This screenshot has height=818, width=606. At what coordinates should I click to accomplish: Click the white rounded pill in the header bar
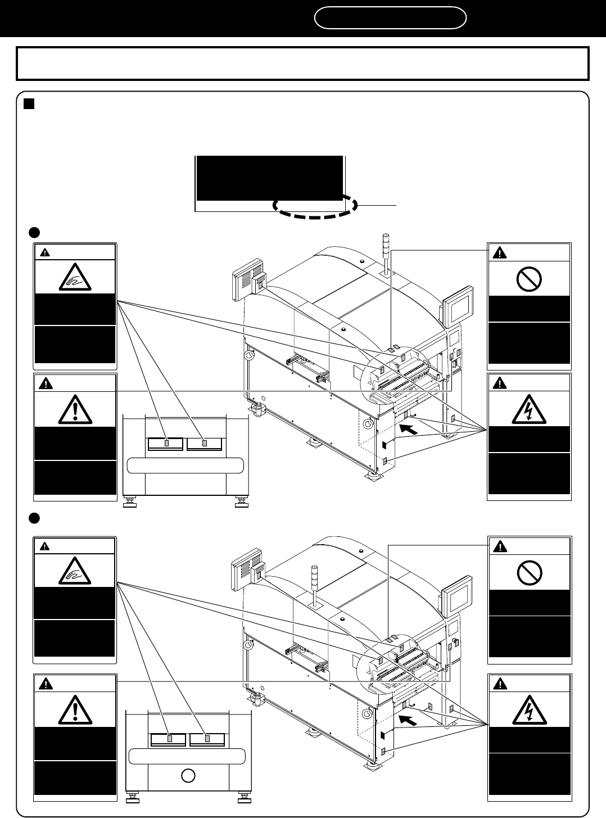pos(390,18)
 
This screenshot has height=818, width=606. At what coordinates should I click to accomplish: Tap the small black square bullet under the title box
pos(29,103)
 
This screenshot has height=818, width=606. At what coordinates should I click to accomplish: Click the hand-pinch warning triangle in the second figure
pos(75,572)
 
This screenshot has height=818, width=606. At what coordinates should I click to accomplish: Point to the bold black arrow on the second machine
pos(409,720)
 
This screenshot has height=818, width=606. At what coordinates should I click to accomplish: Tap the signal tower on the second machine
pos(314,585)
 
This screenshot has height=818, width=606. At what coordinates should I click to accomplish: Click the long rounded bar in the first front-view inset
pos(186,466)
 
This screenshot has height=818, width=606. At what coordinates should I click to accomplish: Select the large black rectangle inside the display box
pos(269,178)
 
